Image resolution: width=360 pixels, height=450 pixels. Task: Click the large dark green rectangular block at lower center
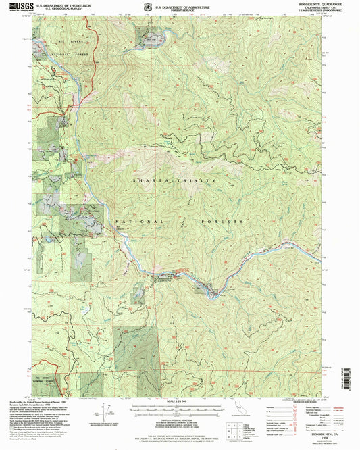(135, 349)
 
